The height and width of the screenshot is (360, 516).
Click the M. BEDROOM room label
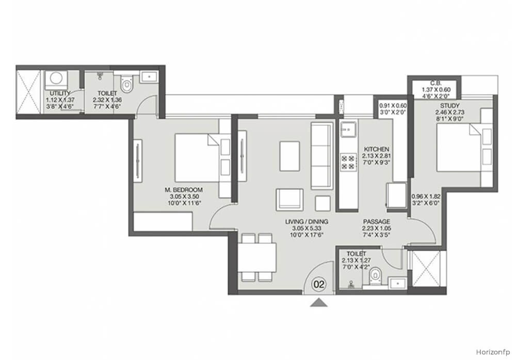coord(183,190)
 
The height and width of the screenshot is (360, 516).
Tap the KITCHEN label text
coord(376,150)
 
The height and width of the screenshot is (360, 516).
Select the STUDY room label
coord(449,106)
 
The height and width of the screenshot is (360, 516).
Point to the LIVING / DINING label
coord(307,222)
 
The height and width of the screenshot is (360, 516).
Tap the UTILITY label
coord(60,93)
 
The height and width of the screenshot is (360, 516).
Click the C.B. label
coord(436,83)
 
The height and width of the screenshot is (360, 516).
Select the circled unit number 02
coord(319,284)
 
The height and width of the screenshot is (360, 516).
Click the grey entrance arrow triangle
coord(318,302)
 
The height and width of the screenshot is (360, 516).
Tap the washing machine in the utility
coord(56,78)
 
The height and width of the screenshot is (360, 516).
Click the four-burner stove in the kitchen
coord(348,162)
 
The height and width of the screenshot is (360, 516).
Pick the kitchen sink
coord(348,129)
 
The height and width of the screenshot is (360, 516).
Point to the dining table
coord(256,258)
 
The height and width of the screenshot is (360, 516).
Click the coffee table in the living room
coord(289,156)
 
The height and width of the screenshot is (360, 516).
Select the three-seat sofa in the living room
coord(321,156)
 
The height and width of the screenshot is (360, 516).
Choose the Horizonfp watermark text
coord(493,352)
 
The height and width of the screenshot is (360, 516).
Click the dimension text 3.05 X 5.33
coord(307,228)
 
